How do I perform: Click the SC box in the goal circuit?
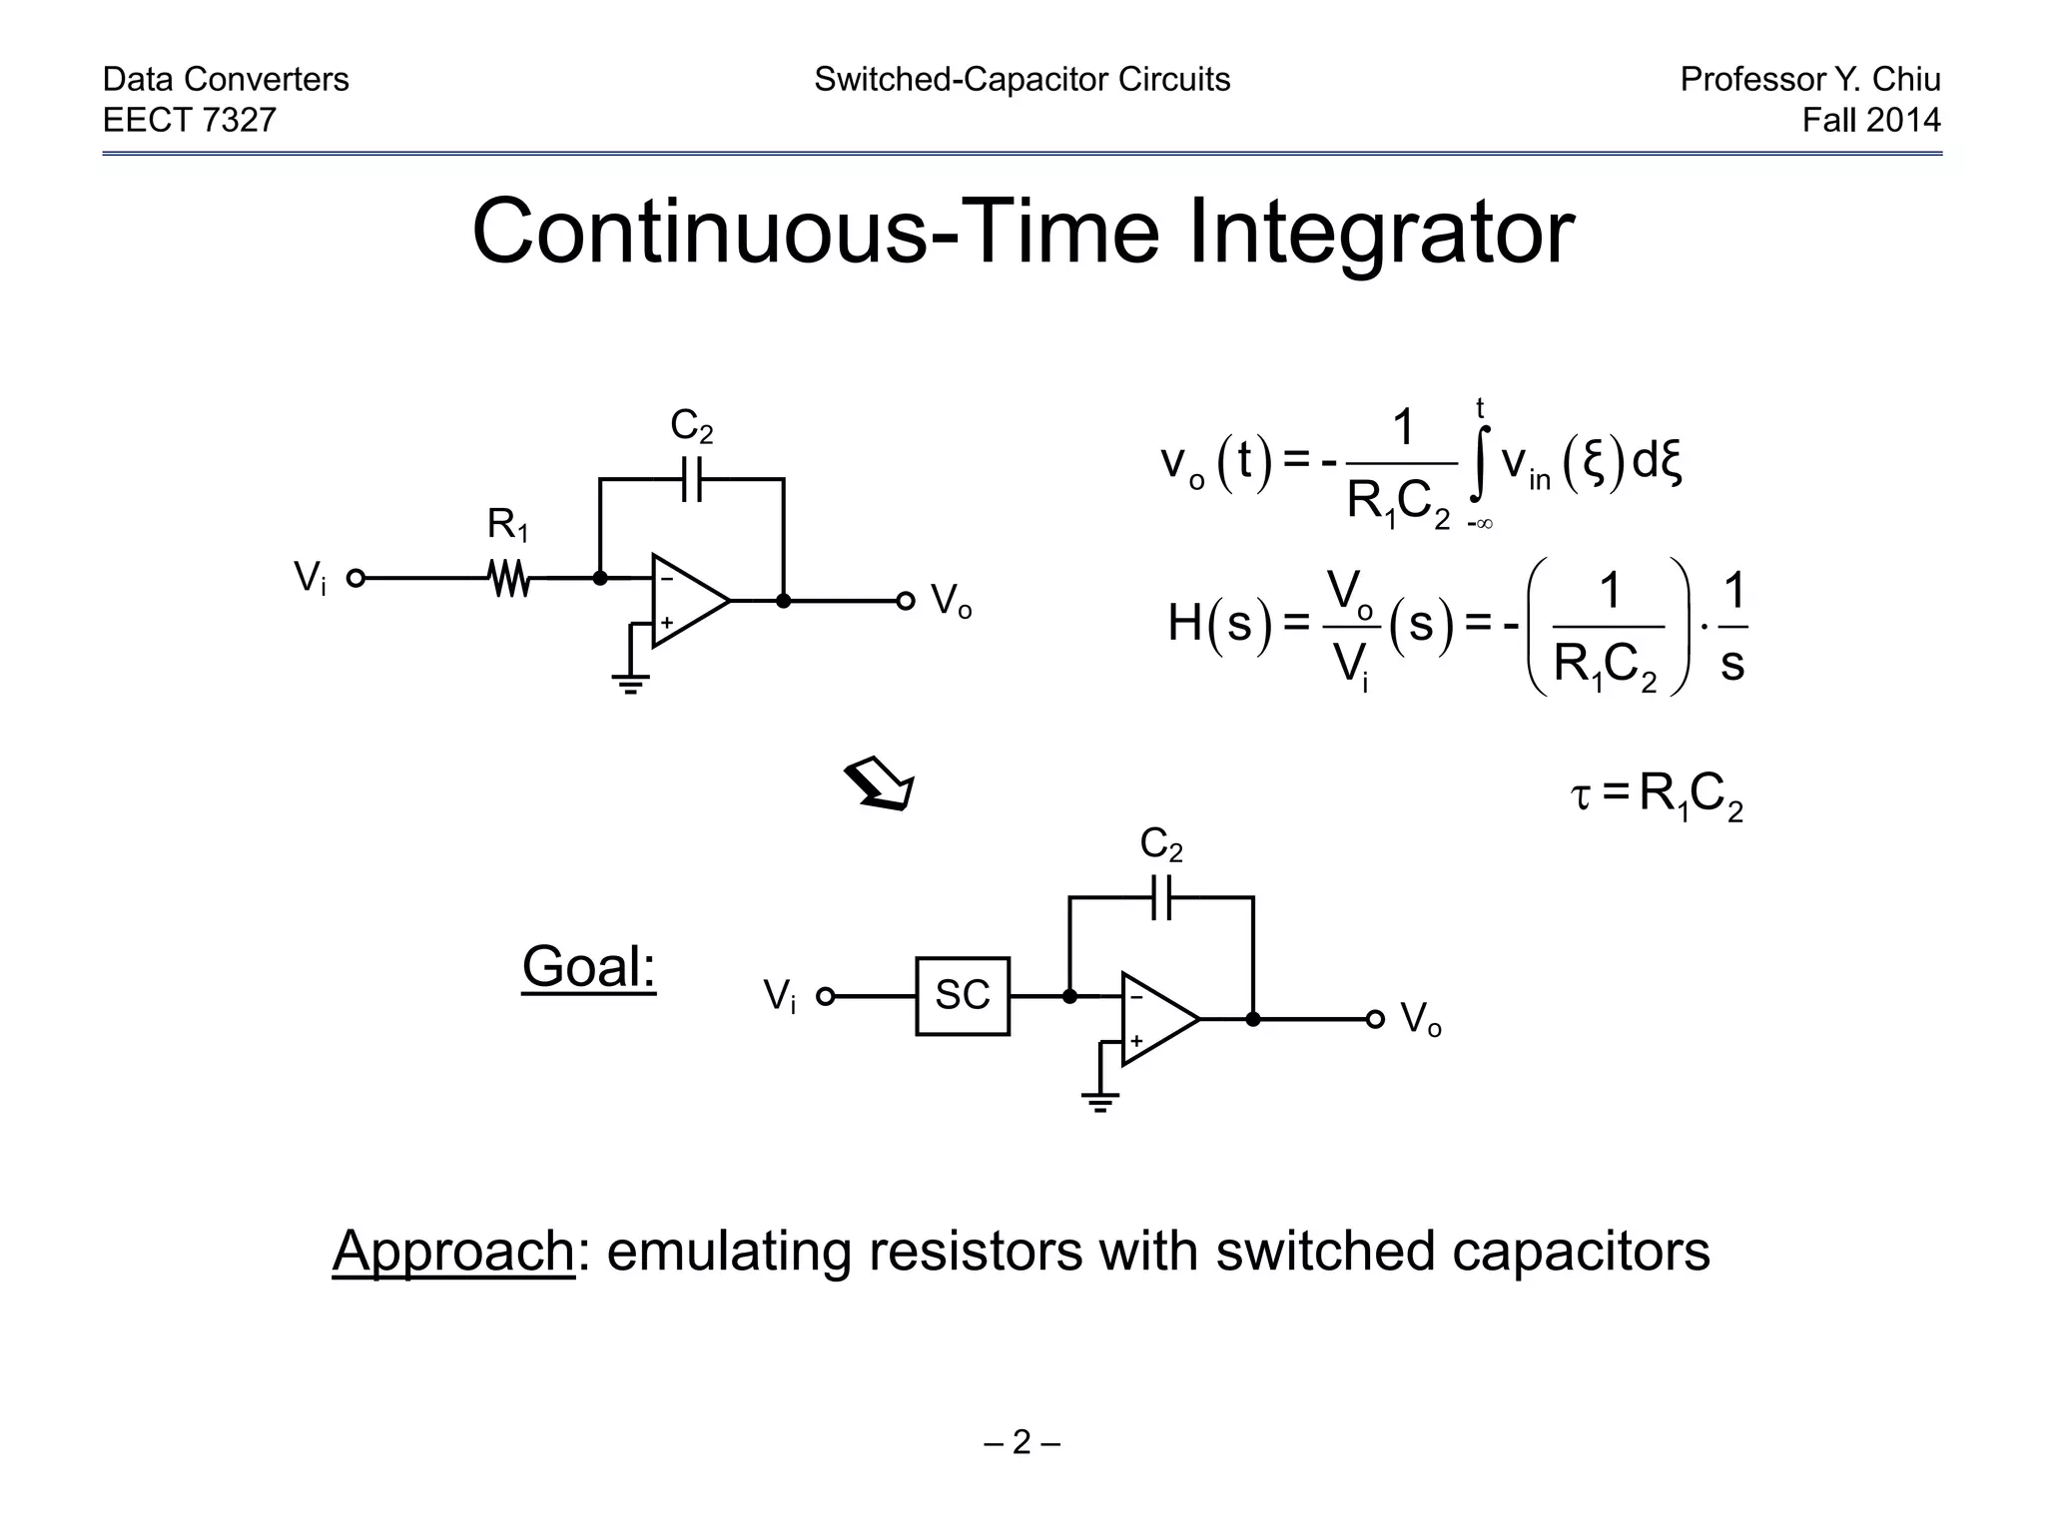coord(963,996)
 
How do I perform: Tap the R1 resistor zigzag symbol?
coord(509,578)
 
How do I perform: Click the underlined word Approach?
coord(453,1250)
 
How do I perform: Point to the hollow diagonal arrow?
coord(880,784)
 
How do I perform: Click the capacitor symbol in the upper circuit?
coord(691,479)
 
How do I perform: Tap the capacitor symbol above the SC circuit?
coord(1160,897)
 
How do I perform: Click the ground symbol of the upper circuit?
coord(630,684)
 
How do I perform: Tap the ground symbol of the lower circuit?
coord(1099,1102)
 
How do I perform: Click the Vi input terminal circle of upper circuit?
coord(355,578)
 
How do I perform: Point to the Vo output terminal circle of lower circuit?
coord(1375,1019)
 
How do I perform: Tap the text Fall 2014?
coord(1870,120)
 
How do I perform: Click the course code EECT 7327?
coord(190,120)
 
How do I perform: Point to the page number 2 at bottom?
coord(1022,1442)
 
